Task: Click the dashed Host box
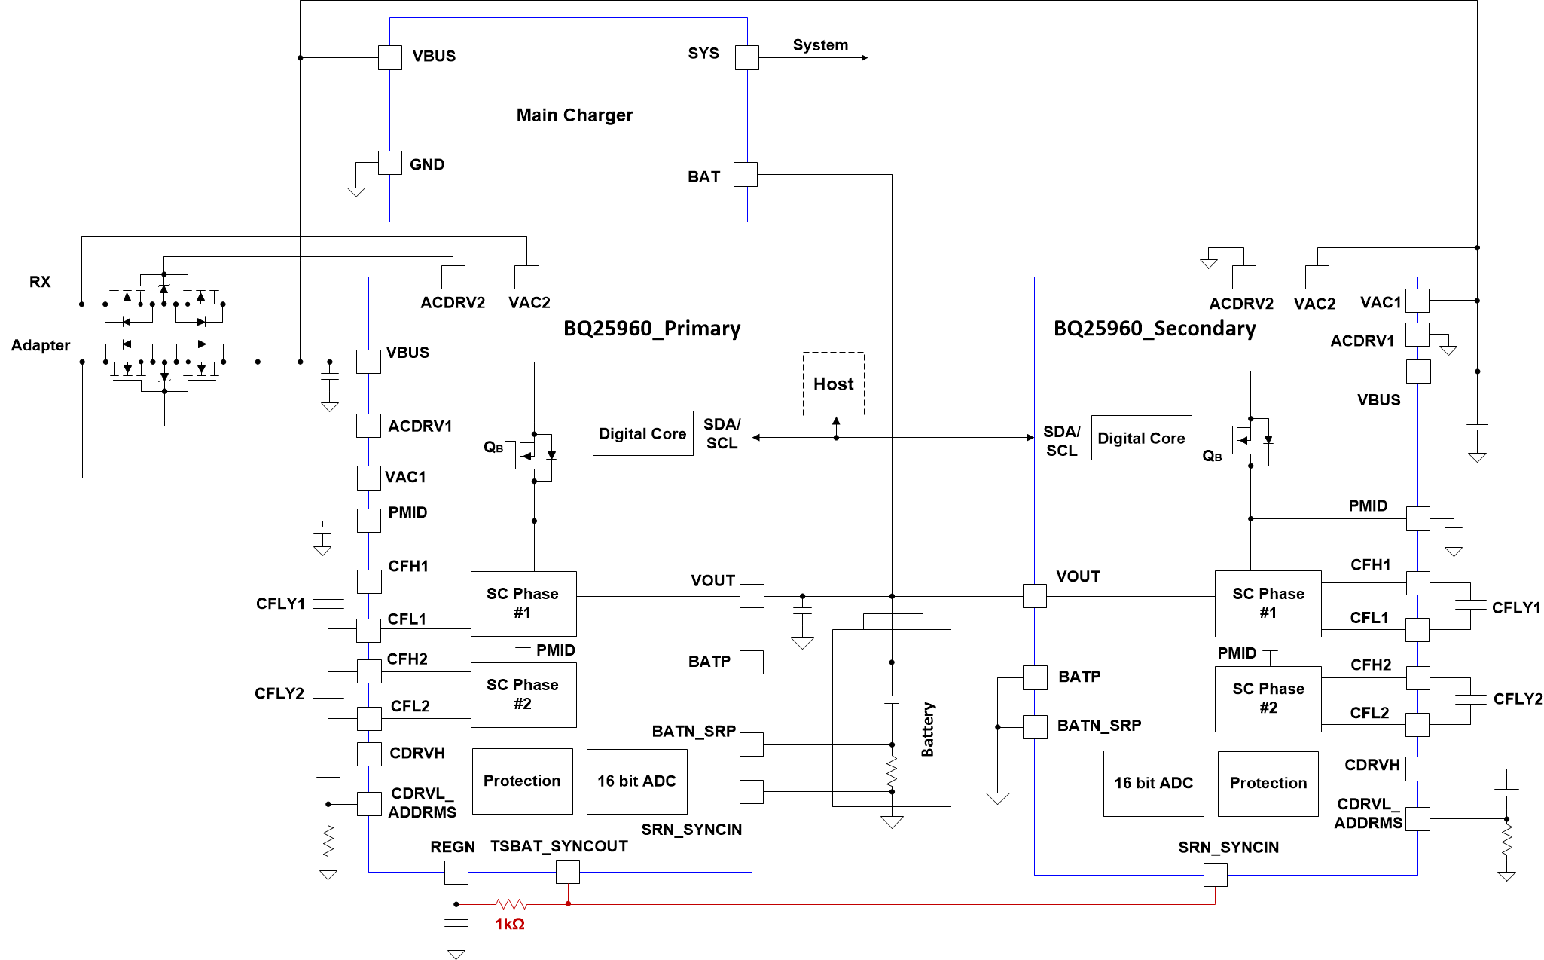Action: tap(833, 384)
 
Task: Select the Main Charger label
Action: tap(575, 115)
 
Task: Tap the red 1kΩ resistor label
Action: tap(510, 924)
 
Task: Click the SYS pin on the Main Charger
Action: tap(747, 57)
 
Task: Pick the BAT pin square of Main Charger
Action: tap(746, 174)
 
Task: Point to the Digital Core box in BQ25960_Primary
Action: tap(642, 433)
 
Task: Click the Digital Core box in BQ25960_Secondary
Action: tap(1141, 438)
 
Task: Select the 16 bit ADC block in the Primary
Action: tap(636, 781)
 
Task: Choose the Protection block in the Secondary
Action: tap(1268, 784)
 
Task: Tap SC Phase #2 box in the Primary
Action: tap(523, 695)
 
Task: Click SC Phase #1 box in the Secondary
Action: tap(1268, 604)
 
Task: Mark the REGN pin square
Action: tap(456, 873)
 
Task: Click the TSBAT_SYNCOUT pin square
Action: tap(568, 872)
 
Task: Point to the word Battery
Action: tap(928, 729)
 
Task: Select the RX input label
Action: tap(40, 282)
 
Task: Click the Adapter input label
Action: tap(41, 345)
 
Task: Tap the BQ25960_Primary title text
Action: tap(651, 329)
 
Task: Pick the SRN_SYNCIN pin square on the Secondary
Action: tap(1216, 875)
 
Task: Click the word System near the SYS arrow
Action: tap(820, 45)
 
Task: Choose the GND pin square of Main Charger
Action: tap(389, 163)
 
